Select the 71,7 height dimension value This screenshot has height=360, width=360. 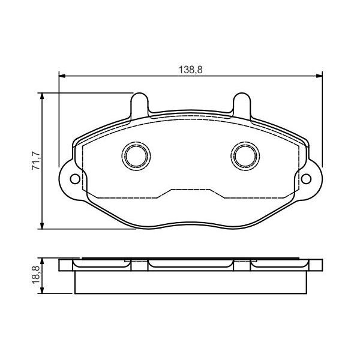click(35, 161)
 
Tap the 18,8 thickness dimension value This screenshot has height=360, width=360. click(35, 276)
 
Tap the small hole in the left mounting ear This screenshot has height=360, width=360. click(74, 179)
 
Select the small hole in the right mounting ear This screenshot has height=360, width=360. click(307, 179)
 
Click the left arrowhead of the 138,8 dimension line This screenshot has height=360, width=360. click(61, 76)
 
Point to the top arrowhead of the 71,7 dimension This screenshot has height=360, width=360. click(43, 95)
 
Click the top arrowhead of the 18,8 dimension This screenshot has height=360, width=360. click(43, 261)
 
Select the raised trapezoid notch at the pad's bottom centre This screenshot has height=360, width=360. click(191, 193)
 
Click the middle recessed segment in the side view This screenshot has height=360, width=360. click(191, 263)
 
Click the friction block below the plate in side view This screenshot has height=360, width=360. click(191, 282)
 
